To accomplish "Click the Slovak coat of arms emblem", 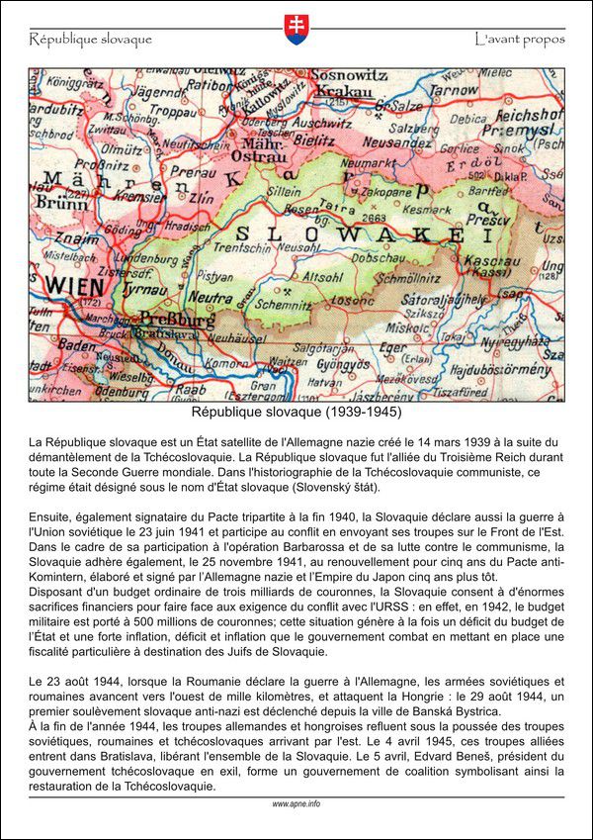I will point(296,29).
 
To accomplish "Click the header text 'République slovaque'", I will point(90,40).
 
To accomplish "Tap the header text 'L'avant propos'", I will point(519,40).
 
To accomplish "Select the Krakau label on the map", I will point(345,91).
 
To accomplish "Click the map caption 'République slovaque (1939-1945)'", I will point(296,411).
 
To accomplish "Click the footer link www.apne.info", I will point(296,804).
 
